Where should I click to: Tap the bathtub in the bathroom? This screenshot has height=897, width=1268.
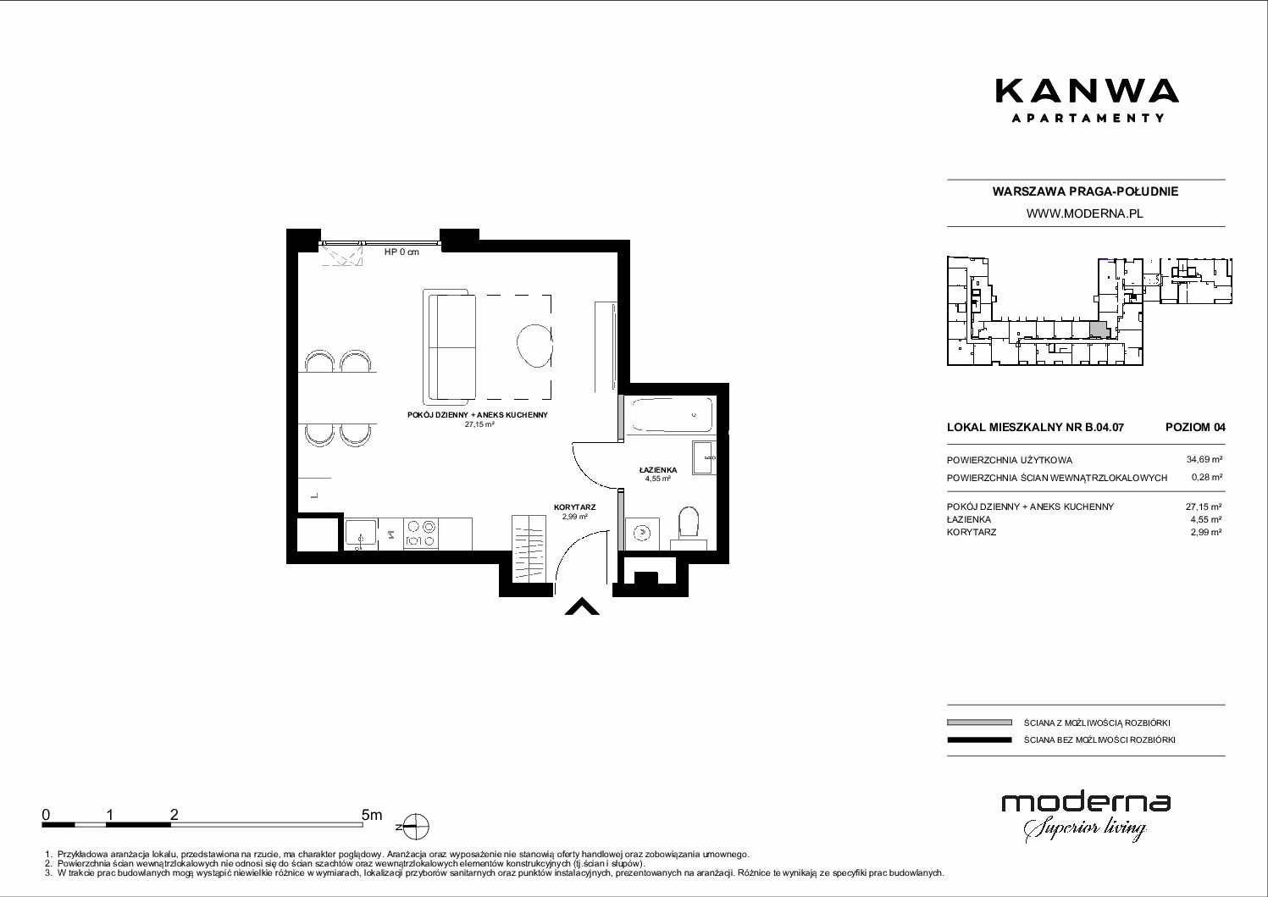tap(672, 415)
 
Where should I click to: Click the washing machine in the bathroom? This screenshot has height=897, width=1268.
tap(642, 533)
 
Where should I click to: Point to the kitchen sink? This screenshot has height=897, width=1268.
tap(361, 533)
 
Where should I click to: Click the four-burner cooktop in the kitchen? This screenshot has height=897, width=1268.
tap(421, 534)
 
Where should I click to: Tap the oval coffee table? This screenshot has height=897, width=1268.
tap(534, 346)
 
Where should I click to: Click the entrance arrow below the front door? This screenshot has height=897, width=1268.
tap(582, 606)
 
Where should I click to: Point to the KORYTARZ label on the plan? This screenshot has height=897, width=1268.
tap(574, 507)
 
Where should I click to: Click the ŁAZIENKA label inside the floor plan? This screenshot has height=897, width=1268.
tap(658, 470)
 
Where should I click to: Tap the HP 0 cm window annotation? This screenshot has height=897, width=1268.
tap(401, 252)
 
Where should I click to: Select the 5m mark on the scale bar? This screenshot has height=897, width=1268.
tap(372, 815)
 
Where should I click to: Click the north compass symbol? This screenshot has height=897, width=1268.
tap(417, 827)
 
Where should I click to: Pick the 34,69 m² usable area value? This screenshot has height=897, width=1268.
tap(1204, 460)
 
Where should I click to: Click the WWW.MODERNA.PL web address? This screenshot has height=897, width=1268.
tap(1084, 213)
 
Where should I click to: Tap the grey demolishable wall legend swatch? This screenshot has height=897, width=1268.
tap(979, 723)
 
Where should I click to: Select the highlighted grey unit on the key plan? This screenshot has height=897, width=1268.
tap(1098, 329)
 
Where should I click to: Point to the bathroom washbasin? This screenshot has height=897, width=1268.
tap(704, 458)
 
